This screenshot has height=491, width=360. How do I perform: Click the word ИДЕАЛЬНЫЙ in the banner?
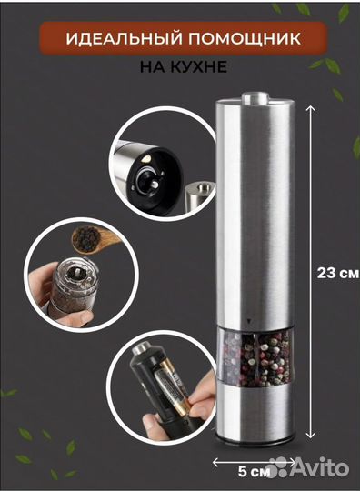point(124,38)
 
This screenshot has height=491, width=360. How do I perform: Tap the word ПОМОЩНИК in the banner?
point(245,38)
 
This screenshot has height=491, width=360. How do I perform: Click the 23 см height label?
point(338,273)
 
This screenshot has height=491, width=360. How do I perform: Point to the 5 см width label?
point(254,472)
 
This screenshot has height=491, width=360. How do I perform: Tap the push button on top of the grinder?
point(254,97)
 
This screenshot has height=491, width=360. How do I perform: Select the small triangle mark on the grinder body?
point(249,321)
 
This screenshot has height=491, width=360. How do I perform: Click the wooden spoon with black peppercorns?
point(91,239)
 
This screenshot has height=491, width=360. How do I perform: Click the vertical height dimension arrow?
point(310,272)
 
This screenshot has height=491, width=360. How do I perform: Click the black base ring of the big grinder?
point(255,441)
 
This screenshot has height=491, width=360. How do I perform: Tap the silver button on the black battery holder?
point(143,348)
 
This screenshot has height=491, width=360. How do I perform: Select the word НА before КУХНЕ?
point(152,66)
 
